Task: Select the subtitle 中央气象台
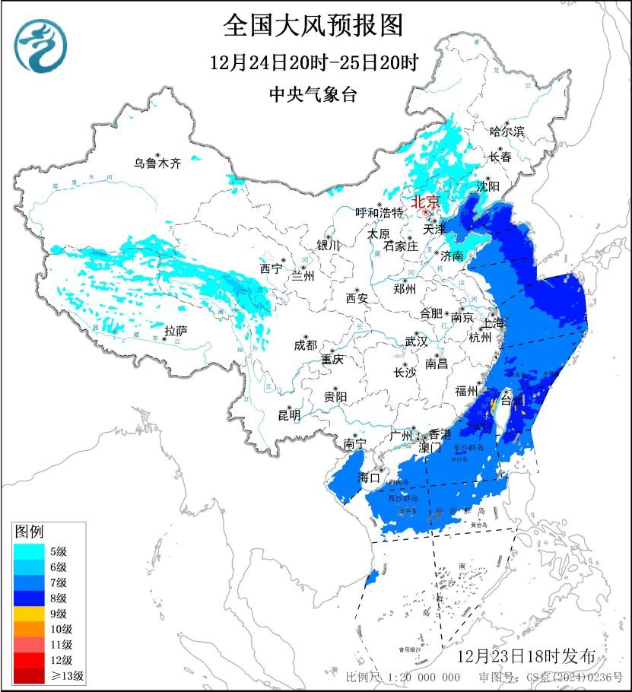[x=313, y=95]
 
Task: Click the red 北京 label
[x=425, y=203]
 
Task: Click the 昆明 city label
[x=289, y=415]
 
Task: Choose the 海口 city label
[x=369, y=478]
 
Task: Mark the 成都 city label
[x=305, y=345]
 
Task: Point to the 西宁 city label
[x=271, y=268]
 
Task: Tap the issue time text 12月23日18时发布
[x=532, y=655]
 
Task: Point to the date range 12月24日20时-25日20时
[x=313, y=62]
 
